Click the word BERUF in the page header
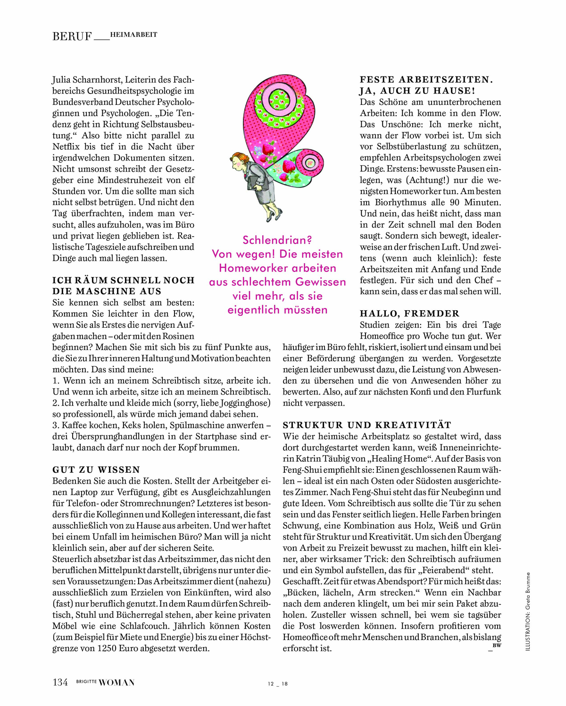pos(72,36)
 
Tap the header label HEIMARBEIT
pos(133,34)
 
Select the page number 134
pos(60,682)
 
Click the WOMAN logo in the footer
pos(117,682)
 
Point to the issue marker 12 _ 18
pos(277,683)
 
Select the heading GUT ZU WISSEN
pos(96,469)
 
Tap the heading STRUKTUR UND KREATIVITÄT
pos(367,425)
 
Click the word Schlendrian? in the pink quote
pos(277,240)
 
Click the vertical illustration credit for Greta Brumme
pos(528,612)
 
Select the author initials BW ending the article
pos(496,645)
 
